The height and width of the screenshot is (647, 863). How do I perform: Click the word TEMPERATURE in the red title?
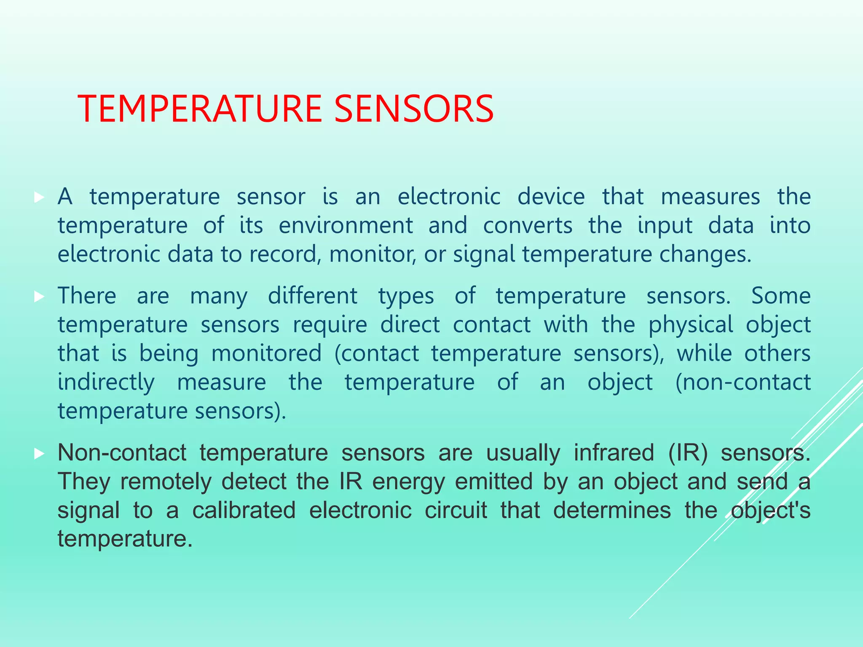pyautogui.click(x=201, y=109)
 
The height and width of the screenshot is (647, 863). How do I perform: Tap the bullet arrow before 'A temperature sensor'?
pyautogui.click(x=39, y=197)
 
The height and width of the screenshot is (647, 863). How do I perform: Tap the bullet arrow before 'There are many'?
pyautogui.click(x=39, y=297)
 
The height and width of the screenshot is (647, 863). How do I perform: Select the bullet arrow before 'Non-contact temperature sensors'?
pyautogui.click(x=39, y=454)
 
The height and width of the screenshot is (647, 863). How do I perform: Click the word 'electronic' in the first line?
pyautogui.click(x=449, y=197)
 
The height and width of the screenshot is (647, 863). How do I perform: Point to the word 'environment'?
pyautogui.click(x=346, y=225)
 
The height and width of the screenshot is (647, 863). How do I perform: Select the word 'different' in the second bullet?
pyautogui.click(x=313, y=296)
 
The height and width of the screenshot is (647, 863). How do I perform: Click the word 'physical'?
pyautogui.click(x=691, y=325)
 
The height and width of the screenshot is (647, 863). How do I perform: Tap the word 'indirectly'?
pyautogui.click(x=106, y=382)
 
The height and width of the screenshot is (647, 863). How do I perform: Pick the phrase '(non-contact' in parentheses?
pyautogui.click(x=743, y=382)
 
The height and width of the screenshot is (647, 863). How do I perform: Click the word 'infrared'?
pyautogui.click(x=614, y=453)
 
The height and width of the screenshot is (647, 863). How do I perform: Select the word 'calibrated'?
pyautogui.click(x=244, y=510)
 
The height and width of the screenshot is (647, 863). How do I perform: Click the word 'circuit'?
pyautogui.click(x=456, y=510)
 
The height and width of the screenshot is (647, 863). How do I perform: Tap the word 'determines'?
pyautogui.click(x=612, y=510)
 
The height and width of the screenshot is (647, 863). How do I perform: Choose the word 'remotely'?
pyautogui.click(x=166, y=481)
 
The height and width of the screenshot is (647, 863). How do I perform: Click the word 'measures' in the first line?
pyautogui.click(x=710, y=197)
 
